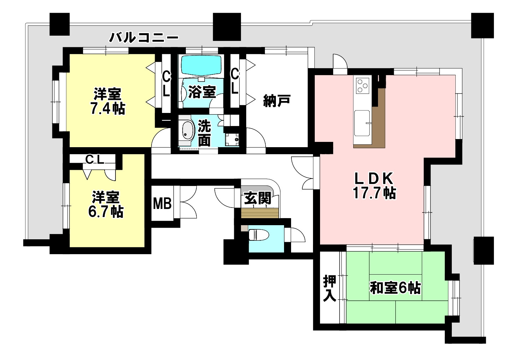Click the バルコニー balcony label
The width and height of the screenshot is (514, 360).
[x=144, y=38]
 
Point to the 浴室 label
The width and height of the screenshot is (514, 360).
[x=202, y=92]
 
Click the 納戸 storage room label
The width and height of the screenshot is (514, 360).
[x=277, y=101]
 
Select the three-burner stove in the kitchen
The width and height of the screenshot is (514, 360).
[x=362, y=85]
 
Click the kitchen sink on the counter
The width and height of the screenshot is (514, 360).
[x=362, y=123]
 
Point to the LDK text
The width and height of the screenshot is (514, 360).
[x=374, y=179]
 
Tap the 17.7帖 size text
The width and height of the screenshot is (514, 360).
[x=374, y=193]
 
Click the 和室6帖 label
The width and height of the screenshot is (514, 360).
[x=395, y=288]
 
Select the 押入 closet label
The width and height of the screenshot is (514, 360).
[x=330, y=288]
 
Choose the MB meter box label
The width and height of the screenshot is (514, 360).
[x=162, y=203]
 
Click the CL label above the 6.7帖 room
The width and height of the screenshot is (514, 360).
[x=95, y=160]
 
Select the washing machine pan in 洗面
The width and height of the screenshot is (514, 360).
[x=232, y=139]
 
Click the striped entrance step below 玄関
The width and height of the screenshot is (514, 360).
[x=260, y=213]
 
